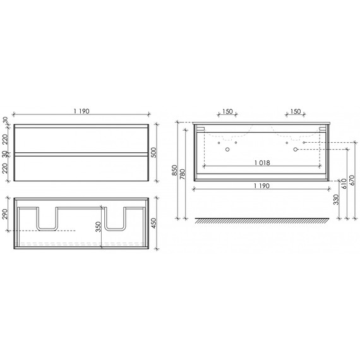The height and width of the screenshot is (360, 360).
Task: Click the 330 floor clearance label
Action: pos(335,200)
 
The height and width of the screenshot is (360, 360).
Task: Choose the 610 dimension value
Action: pos(344,183)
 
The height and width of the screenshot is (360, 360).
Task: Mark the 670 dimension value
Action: pos(352,183)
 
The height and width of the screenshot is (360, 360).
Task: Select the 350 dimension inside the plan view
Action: pos(99,225)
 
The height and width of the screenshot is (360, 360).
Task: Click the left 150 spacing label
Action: pos(228,112)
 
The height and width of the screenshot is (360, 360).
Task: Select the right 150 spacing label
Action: pos(294,112)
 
